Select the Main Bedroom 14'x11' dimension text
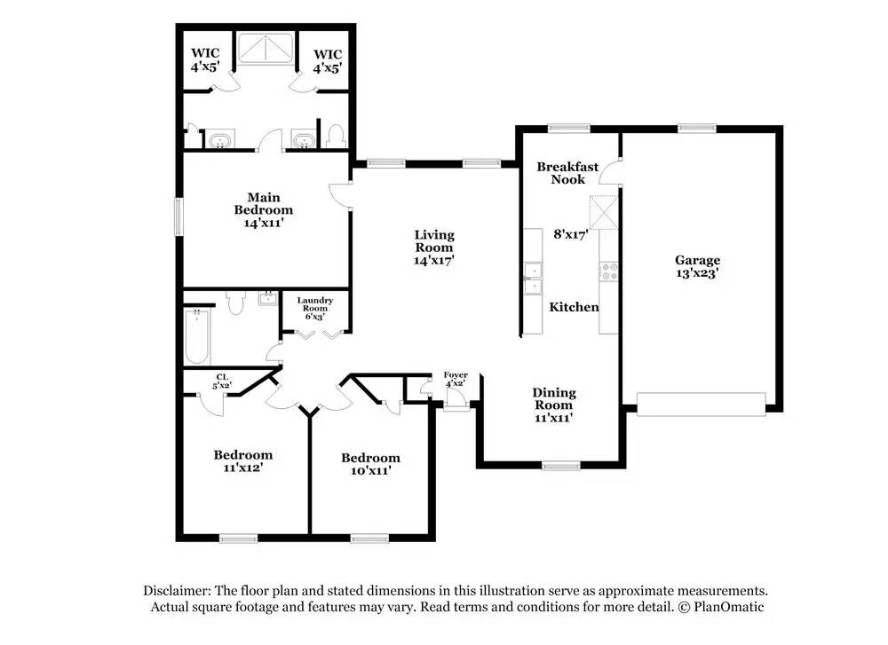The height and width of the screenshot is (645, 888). point(264,223)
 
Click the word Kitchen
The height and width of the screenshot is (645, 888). point(574,307)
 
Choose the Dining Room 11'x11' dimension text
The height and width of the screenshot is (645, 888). point(554,418)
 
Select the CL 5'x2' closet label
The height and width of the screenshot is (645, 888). point(222,381)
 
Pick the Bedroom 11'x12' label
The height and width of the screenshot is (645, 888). point(243,460)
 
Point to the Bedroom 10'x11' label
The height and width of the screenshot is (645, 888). point(370,464)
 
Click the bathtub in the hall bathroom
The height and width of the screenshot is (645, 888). point(197,336)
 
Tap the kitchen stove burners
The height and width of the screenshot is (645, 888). point(609,271)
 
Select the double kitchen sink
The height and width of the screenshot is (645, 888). point(532,279)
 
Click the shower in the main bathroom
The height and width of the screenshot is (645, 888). point(266,48)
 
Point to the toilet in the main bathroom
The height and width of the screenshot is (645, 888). point(337,137)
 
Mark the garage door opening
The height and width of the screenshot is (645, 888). point(702,404)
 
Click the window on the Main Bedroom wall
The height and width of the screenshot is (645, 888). point(178,216)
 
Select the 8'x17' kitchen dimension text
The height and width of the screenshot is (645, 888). point(570,234)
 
